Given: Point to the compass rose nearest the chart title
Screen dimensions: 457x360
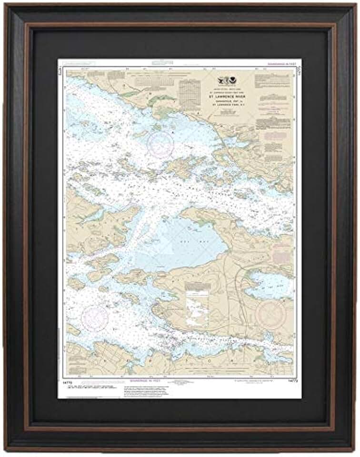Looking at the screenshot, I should point(160,144).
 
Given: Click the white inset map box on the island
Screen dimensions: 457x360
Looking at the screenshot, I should point(199,306).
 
